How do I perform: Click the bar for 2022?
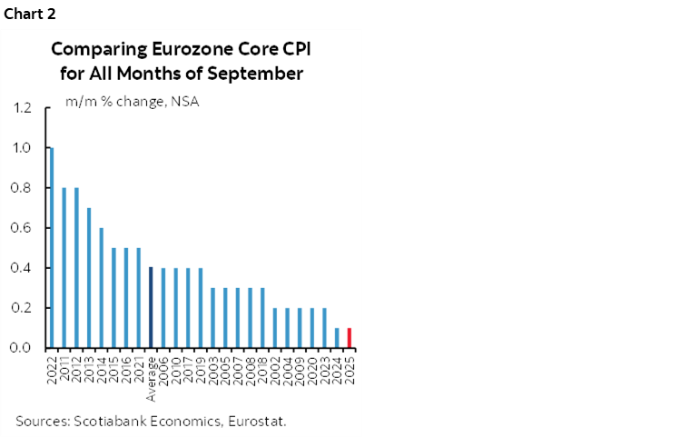[x=51, y=247]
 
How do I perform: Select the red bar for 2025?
[x=350, y=337]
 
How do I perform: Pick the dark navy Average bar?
[x=151, y=307]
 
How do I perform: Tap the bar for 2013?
[x=88, y=277]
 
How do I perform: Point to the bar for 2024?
[x=337, y=337]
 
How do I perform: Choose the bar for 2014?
[x=101, y=287]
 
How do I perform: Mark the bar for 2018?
[x=262, y=317]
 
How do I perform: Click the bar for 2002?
[x=275, y=327]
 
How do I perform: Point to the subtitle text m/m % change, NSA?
[x=132, y=101]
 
